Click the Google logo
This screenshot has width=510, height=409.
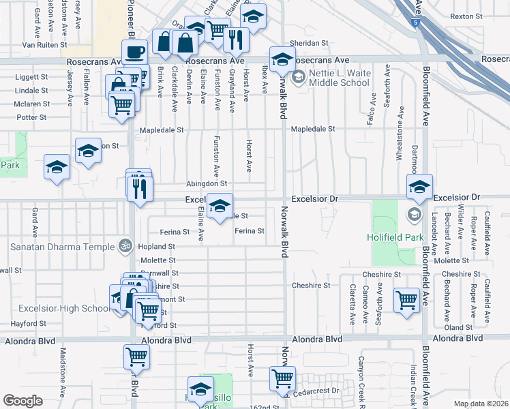point(22,401)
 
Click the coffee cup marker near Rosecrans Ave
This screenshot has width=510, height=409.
point(134,52)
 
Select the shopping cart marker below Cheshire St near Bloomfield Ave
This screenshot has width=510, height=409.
point(406,300)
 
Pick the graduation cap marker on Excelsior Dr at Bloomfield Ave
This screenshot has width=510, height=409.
point(420,187)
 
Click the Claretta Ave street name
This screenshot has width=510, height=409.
point(352,303)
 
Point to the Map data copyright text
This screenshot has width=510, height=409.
point(481,404)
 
